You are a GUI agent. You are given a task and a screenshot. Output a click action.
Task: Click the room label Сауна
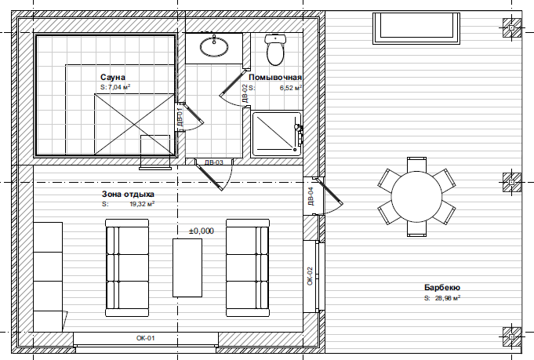pyautogui.click(x=113, y=78)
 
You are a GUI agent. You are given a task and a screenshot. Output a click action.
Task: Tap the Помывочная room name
pyautogui.click(x=275, y=78)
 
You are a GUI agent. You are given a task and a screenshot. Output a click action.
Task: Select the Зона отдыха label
pyautogui.click(x=128, y=195)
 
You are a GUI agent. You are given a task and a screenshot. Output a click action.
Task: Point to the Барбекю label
pyautogui.click(x=442, y=288)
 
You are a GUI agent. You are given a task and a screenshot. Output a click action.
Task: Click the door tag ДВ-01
pyautogui.click(x=180, y=117)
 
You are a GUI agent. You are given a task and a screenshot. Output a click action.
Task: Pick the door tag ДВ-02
pyautogui.click(x=245, y=93)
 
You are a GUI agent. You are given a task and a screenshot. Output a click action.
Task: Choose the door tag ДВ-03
pyautogui.click(x=214, y=162)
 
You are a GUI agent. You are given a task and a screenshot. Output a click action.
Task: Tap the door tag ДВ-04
pyautogui.click(x=311, y=196)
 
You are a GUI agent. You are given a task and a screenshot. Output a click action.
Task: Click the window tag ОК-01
pyautogui.click(x=145, y=338)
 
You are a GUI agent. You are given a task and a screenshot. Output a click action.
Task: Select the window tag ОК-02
pyautogui.click(x=310, y=276)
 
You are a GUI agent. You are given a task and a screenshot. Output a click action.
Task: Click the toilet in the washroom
pyautogui.click(x=275, y=49)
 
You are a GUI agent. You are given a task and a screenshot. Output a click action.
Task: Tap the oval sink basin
pyautogui.click(x=214, y=46)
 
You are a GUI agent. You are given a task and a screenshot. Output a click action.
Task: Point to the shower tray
pyautogui.click(x=276, y=134)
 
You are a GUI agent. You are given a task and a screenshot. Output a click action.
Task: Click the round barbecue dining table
pyautogui.click(x=416, y=197)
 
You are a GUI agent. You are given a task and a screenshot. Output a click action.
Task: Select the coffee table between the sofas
pyautogui.click(x=187, y=267)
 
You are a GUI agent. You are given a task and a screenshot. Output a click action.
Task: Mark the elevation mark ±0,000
pyautogui.click(x=202, y=231)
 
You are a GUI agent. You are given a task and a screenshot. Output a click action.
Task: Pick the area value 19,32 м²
pyautogui.click(x=143, y=204)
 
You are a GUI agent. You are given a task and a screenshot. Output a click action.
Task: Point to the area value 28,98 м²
pyautogui.click(x=448, y=298)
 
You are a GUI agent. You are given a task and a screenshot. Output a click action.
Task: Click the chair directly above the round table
pyautogui.click(x=416, y=164)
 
